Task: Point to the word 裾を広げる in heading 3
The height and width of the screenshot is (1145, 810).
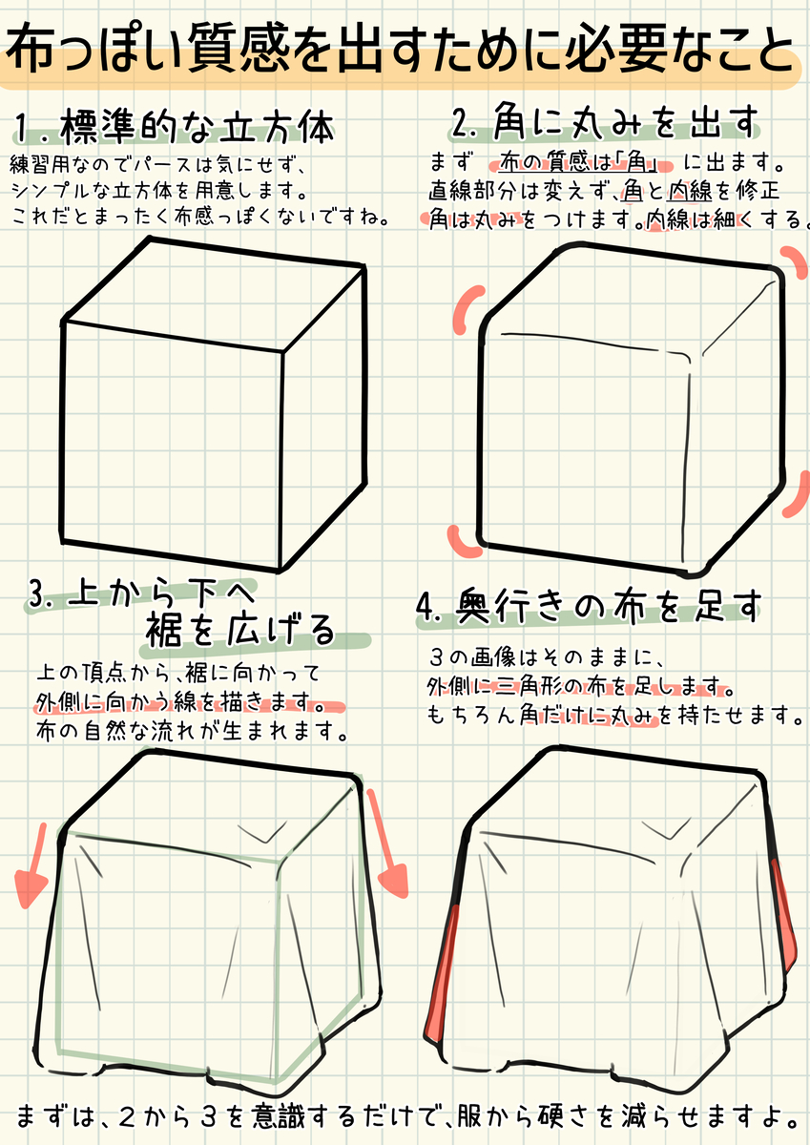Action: coord(239,630)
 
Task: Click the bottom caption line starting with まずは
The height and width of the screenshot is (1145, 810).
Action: coord(405,1114)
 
